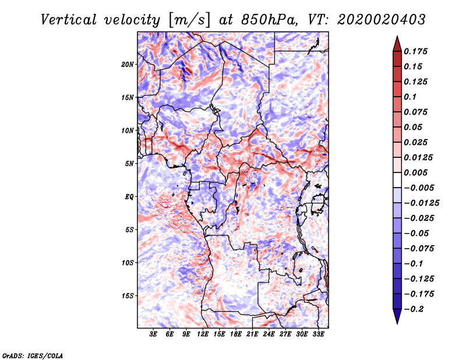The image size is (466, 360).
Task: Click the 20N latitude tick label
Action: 128,64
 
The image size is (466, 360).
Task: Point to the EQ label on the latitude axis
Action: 129,196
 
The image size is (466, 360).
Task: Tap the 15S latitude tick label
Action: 128,295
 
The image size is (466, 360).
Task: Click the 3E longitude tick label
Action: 154,335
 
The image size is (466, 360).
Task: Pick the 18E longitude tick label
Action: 236,335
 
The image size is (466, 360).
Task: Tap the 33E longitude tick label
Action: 318,335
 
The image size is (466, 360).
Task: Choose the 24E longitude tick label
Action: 269,335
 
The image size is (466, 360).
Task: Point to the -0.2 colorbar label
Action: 416,309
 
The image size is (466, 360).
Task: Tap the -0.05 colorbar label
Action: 418,233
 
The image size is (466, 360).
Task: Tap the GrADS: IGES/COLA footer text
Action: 32,355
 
